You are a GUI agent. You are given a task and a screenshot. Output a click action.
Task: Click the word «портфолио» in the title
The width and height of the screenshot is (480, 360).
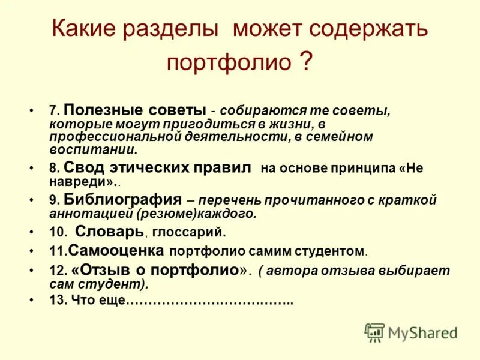228,62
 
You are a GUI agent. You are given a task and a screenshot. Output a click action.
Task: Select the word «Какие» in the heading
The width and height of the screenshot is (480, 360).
83,29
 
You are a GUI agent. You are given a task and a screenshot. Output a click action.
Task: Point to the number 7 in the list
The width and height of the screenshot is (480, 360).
53,112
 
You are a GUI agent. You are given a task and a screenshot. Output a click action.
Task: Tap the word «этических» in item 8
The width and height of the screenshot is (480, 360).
144,167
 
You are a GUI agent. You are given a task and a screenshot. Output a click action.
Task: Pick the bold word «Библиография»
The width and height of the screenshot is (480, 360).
122,199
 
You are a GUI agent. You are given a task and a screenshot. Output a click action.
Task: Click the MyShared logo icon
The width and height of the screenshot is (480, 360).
374,332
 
